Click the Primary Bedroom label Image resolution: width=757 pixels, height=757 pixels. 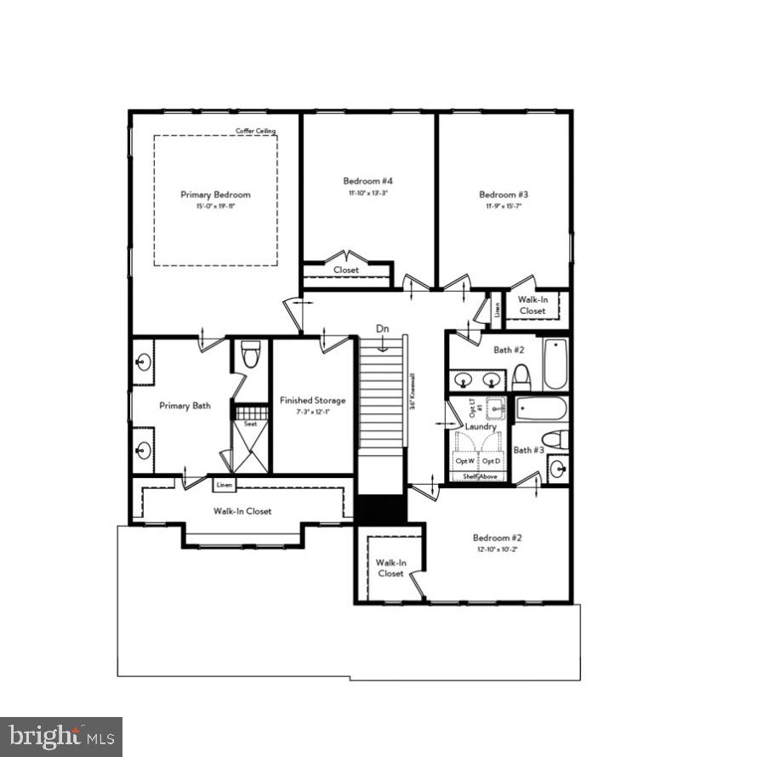(x=215, y=195)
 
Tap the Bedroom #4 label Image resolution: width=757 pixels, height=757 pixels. (x=367, y=181)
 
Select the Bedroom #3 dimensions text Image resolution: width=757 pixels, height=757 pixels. (x=504, y=206)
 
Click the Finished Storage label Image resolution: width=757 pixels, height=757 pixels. (x=313, y=400)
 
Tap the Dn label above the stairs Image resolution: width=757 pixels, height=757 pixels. (x=384, y=328)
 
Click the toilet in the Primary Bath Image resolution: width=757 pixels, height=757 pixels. (x=250, y=355)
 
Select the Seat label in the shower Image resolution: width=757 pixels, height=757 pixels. (x=250, y=424)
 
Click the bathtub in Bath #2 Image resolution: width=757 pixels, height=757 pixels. (x=555, y=363)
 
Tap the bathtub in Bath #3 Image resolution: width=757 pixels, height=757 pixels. (x=541, y=409)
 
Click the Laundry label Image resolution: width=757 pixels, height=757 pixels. (x=481, y=426)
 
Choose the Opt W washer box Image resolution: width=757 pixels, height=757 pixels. (x=464, y=460)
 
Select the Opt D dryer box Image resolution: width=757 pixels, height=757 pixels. (x=492, y=460)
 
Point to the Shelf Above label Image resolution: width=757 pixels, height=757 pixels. (x=480, y=476)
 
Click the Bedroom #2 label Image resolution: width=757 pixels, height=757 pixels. (x=497, y=538)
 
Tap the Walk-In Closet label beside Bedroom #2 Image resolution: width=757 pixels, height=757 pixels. (x=390, y=567)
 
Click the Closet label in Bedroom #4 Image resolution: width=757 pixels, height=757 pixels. (x=345, y=270)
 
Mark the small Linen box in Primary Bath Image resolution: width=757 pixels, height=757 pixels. (x=224, y=485)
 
